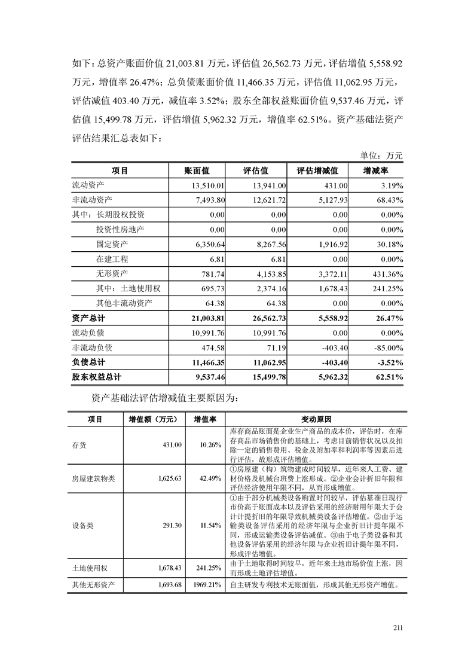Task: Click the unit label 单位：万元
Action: (x=382, y=155)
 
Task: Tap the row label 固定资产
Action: (x=112, y=244)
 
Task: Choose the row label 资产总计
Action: (x=88, y=318)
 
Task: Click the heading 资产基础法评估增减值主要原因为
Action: (x=166, y=396)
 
